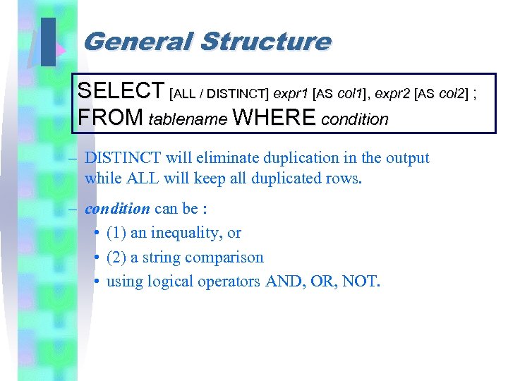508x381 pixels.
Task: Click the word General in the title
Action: tap(138, 42)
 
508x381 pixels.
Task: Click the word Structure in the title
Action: tap(265, 42)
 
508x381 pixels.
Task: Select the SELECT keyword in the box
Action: tap(121, 92)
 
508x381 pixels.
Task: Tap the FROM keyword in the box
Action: tap(111, 118)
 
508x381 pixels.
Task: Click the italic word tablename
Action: tap(188, 119)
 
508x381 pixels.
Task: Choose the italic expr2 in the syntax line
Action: tap(394, 93)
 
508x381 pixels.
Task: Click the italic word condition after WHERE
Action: tap(354, 119)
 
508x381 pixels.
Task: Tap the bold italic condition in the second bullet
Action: tap(117, 209)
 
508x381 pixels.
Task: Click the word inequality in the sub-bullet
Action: tap(187, 233)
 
